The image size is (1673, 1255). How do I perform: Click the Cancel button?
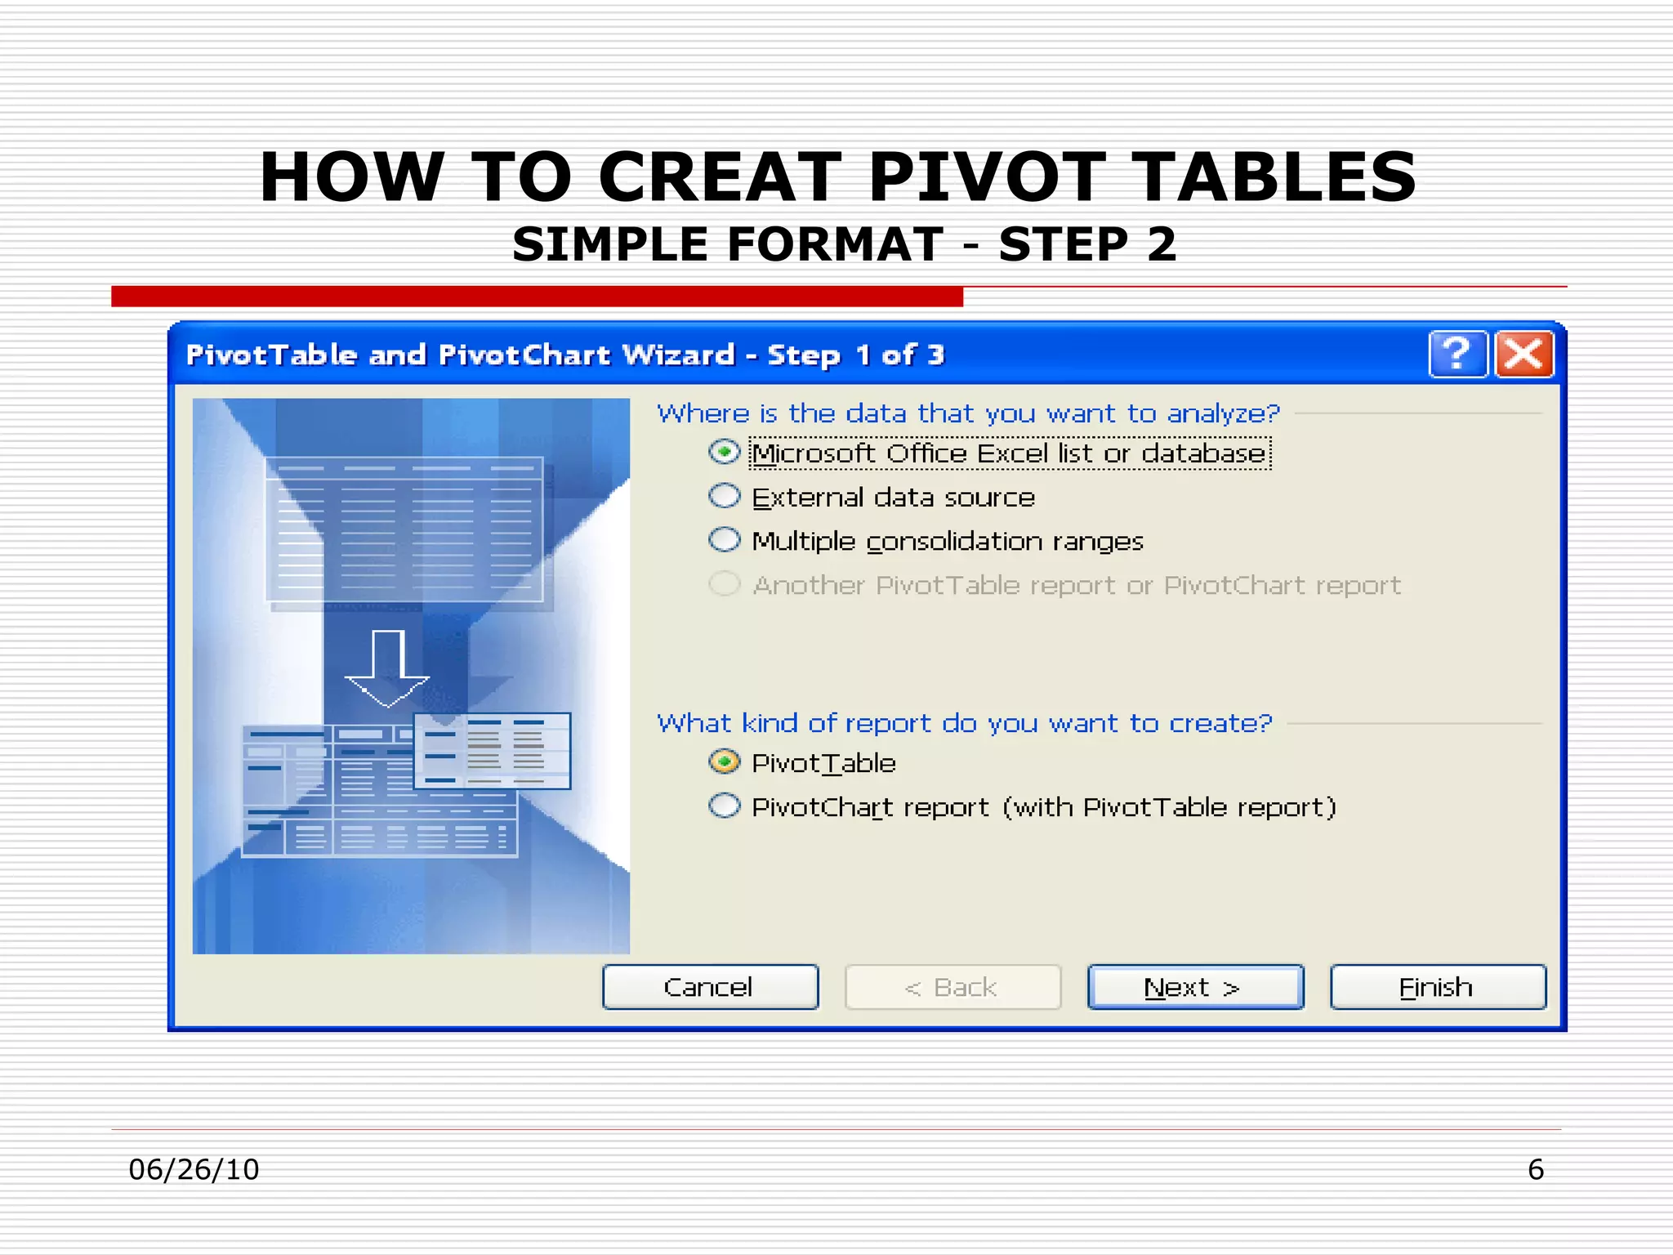[709, 987]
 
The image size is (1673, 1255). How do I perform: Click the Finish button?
[1437, 987]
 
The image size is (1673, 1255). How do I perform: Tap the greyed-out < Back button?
[952, 987]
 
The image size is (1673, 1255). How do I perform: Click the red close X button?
[1524, 355]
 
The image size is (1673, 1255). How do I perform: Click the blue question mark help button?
[1457, 355]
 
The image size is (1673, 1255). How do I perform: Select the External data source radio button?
[724, 496]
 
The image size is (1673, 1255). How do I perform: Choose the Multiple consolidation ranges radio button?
[724, 540]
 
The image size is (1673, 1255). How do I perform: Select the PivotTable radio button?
[724, 762]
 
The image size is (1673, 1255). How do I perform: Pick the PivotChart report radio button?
[724, 806]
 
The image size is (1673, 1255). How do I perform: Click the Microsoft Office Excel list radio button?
[724, 452]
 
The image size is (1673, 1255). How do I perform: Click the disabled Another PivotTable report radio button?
[724, 584]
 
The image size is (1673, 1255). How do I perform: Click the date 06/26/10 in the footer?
[194, 1169]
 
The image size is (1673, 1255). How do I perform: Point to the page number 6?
[1535, 1169]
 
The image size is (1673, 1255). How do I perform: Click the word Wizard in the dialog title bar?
[678, 355]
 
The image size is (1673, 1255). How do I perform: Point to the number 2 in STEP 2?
[1161, 244]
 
